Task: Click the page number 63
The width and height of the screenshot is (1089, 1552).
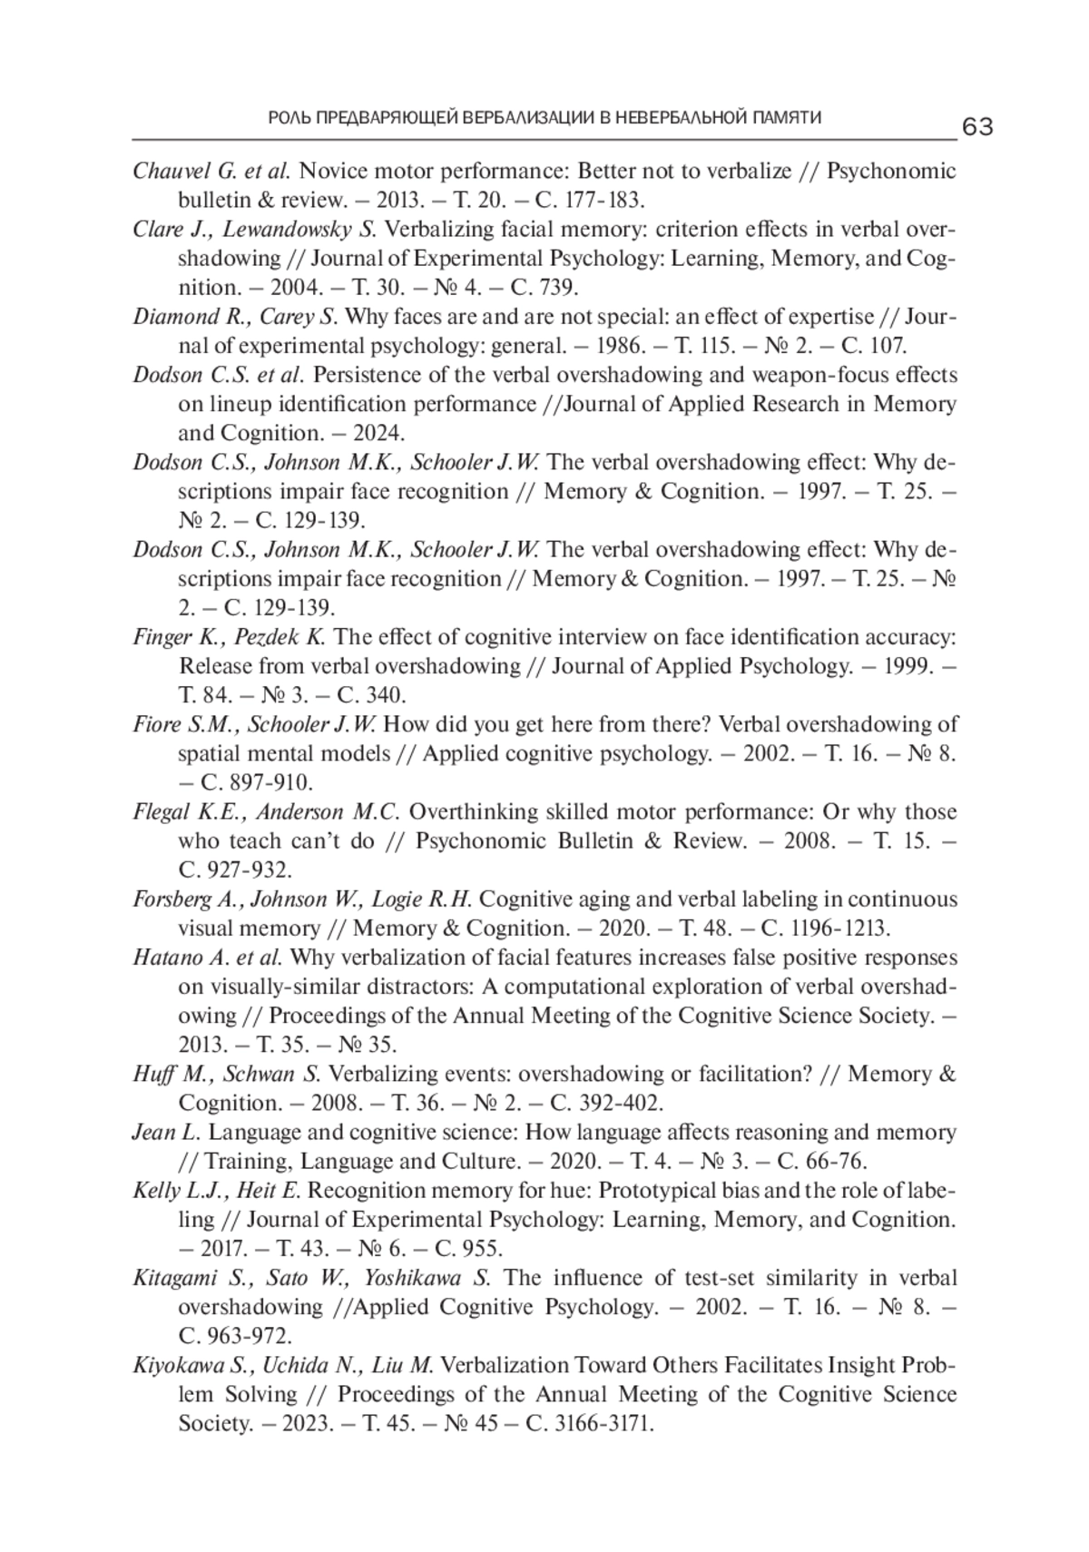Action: (976, 127)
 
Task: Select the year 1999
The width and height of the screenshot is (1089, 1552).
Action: (906, 666)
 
